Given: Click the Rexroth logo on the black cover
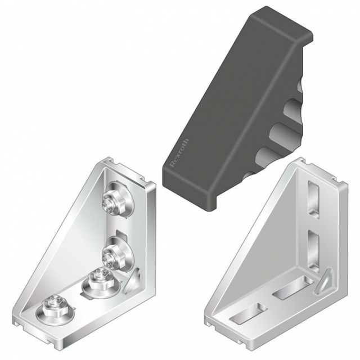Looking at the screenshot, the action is (x=179, y=152).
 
